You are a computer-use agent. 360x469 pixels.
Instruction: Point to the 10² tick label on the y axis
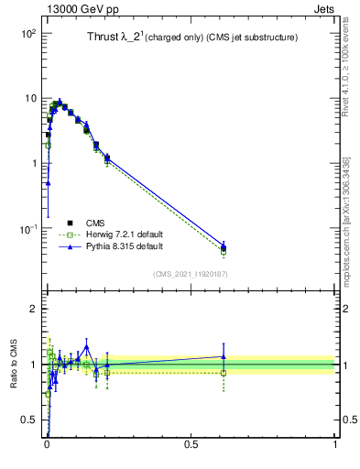click(27, 34)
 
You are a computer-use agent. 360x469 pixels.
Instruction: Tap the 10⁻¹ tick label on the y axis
click(27, 228)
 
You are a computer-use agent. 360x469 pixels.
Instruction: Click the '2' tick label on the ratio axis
click(32, 309)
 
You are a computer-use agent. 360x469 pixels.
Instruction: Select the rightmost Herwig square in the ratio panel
click(223, 373)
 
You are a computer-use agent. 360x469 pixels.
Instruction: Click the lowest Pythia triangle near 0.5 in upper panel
click(47, 183)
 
